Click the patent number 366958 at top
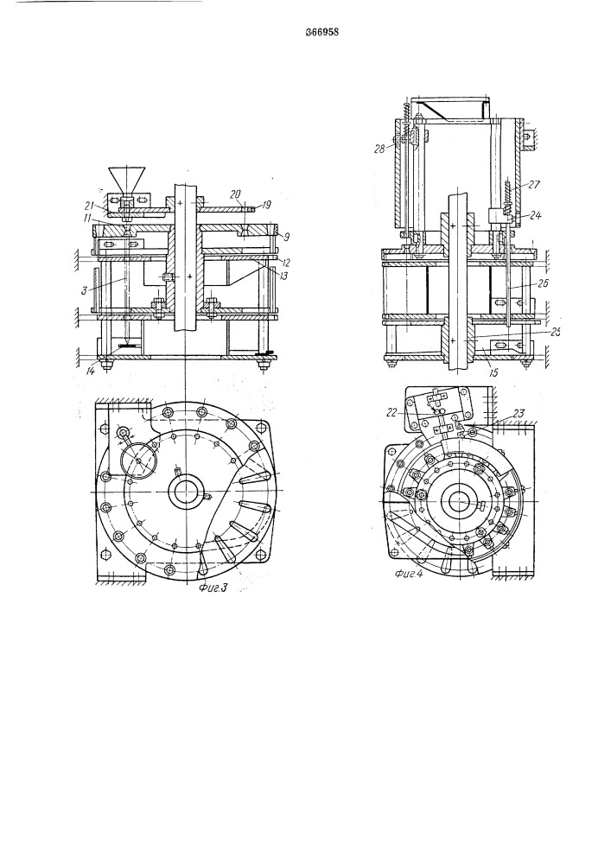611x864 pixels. (321, 32)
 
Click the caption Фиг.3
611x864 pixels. (212, 588)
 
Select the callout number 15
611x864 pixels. (493, 373)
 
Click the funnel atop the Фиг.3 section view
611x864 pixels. (127, 181)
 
